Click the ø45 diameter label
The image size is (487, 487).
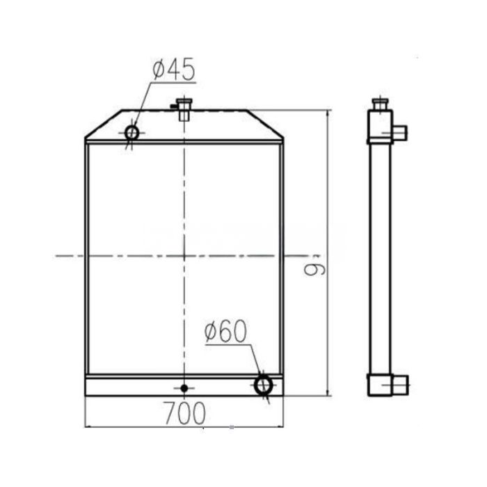173,70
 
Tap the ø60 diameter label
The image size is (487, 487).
226,333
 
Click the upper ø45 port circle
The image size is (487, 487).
131,131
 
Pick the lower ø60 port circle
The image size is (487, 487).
264,384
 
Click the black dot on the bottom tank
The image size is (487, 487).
184,388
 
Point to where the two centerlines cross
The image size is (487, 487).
184,256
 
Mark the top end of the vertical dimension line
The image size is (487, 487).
327,111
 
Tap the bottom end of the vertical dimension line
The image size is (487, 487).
327,396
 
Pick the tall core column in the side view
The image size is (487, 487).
380,257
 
